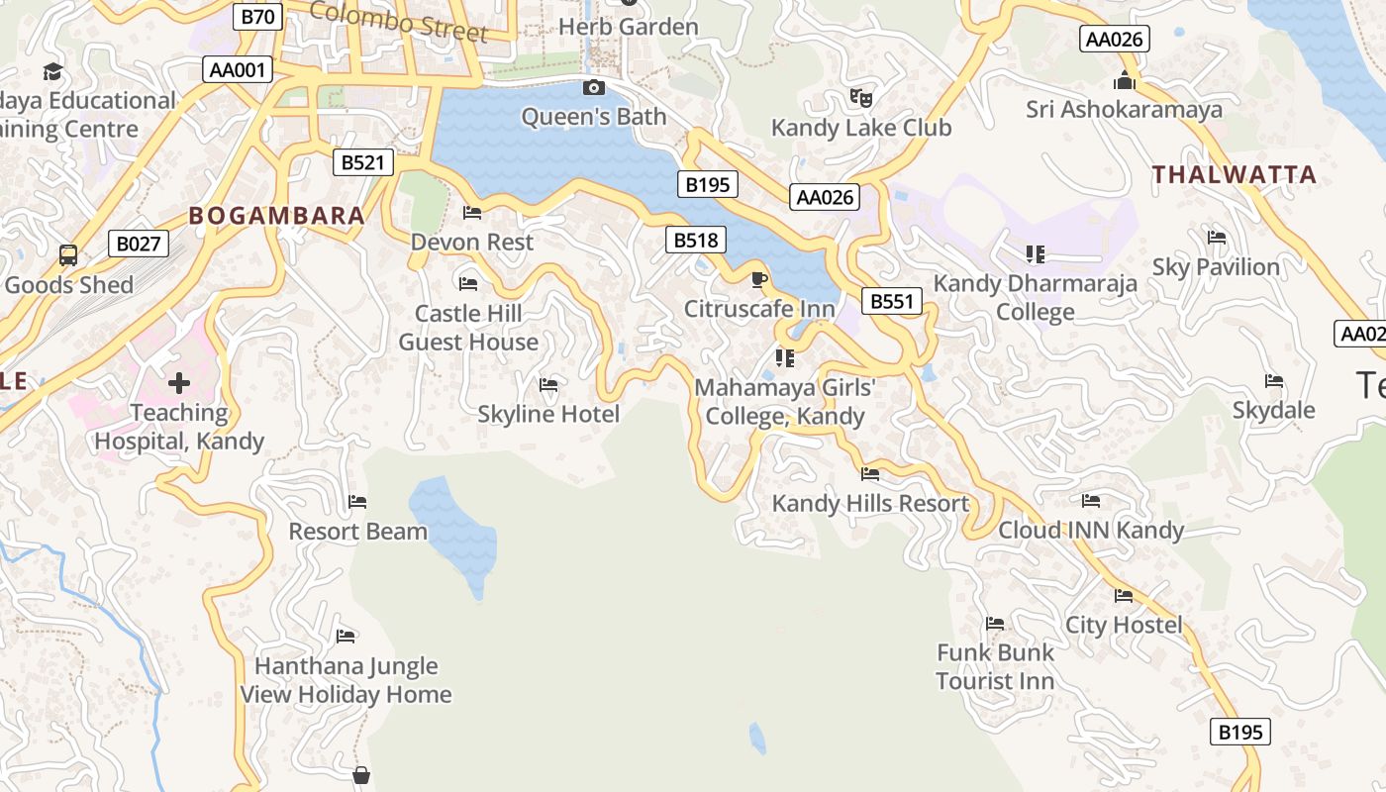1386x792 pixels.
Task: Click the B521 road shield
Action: [363, 162]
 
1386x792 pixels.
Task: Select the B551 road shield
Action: [891, 301]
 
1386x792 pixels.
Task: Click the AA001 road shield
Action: [239, 69]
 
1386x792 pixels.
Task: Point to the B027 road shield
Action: [139, 244]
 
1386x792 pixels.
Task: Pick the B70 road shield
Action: [259, 16]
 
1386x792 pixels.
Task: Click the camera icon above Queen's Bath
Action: [594, 88]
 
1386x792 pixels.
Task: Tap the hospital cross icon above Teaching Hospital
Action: [179, 383]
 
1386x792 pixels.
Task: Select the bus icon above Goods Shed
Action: [68, 255]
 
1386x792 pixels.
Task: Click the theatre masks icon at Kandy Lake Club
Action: [861, 97]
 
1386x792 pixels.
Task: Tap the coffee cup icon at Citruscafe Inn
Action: [759, 279]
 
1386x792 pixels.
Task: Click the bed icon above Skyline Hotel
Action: [548, 384]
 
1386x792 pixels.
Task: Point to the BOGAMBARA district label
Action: [276, 216]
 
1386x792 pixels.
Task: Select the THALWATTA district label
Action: [1234, 175]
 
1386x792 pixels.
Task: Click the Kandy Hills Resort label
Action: [870, 503]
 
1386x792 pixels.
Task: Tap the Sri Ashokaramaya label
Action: [1124, 109]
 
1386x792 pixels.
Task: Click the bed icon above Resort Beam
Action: [357, 502]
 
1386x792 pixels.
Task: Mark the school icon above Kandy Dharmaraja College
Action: [1036, 254]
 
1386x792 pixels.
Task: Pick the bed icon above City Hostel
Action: [1124, 596]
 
